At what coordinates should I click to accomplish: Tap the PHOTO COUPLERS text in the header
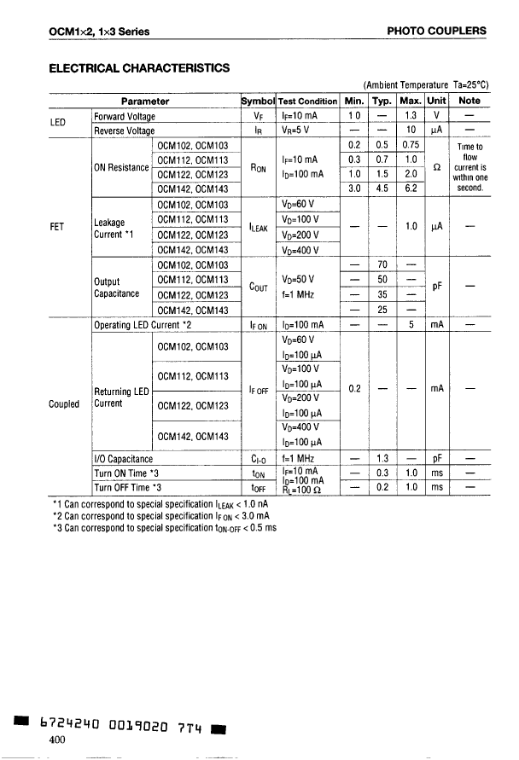pyautogui.click(x=436, y=31)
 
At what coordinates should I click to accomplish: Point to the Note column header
pyautogui.click(x=469, y=101)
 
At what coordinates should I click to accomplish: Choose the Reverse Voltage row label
pyautogui.click(x=125, y=131)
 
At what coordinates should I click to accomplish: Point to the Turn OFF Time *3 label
pyautogui.click(x=127, y=487)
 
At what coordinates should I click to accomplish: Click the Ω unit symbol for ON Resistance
pyautogui.click(x=437, y=166)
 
